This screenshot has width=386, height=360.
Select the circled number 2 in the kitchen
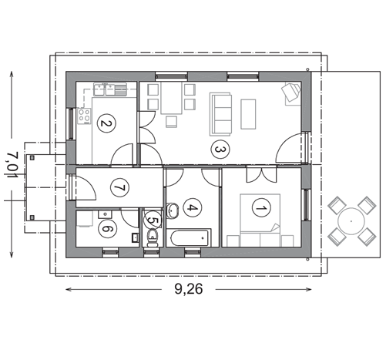pos(106,121)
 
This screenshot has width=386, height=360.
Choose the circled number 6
pos(108,227)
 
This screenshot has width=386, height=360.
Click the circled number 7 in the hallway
pos(119,187)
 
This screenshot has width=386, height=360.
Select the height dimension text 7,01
pos(12,163)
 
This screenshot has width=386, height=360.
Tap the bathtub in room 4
pos(189,238)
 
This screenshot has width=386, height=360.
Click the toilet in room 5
pos(152,237)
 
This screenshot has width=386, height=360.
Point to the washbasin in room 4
pos(173,208)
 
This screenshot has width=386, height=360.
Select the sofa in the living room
pos(221,114)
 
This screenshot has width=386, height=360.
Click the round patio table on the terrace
pos(351,220)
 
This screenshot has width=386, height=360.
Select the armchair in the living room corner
pos(290,93)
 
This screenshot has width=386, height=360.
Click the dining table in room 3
pos(170,102)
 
